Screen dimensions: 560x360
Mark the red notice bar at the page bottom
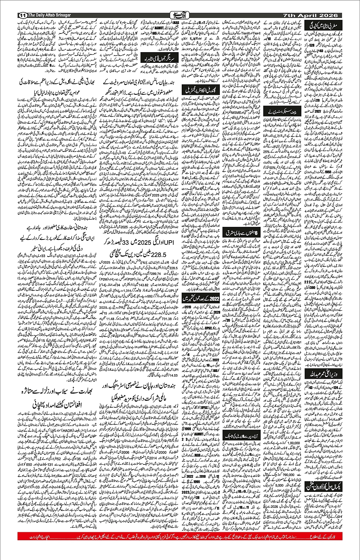180,547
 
